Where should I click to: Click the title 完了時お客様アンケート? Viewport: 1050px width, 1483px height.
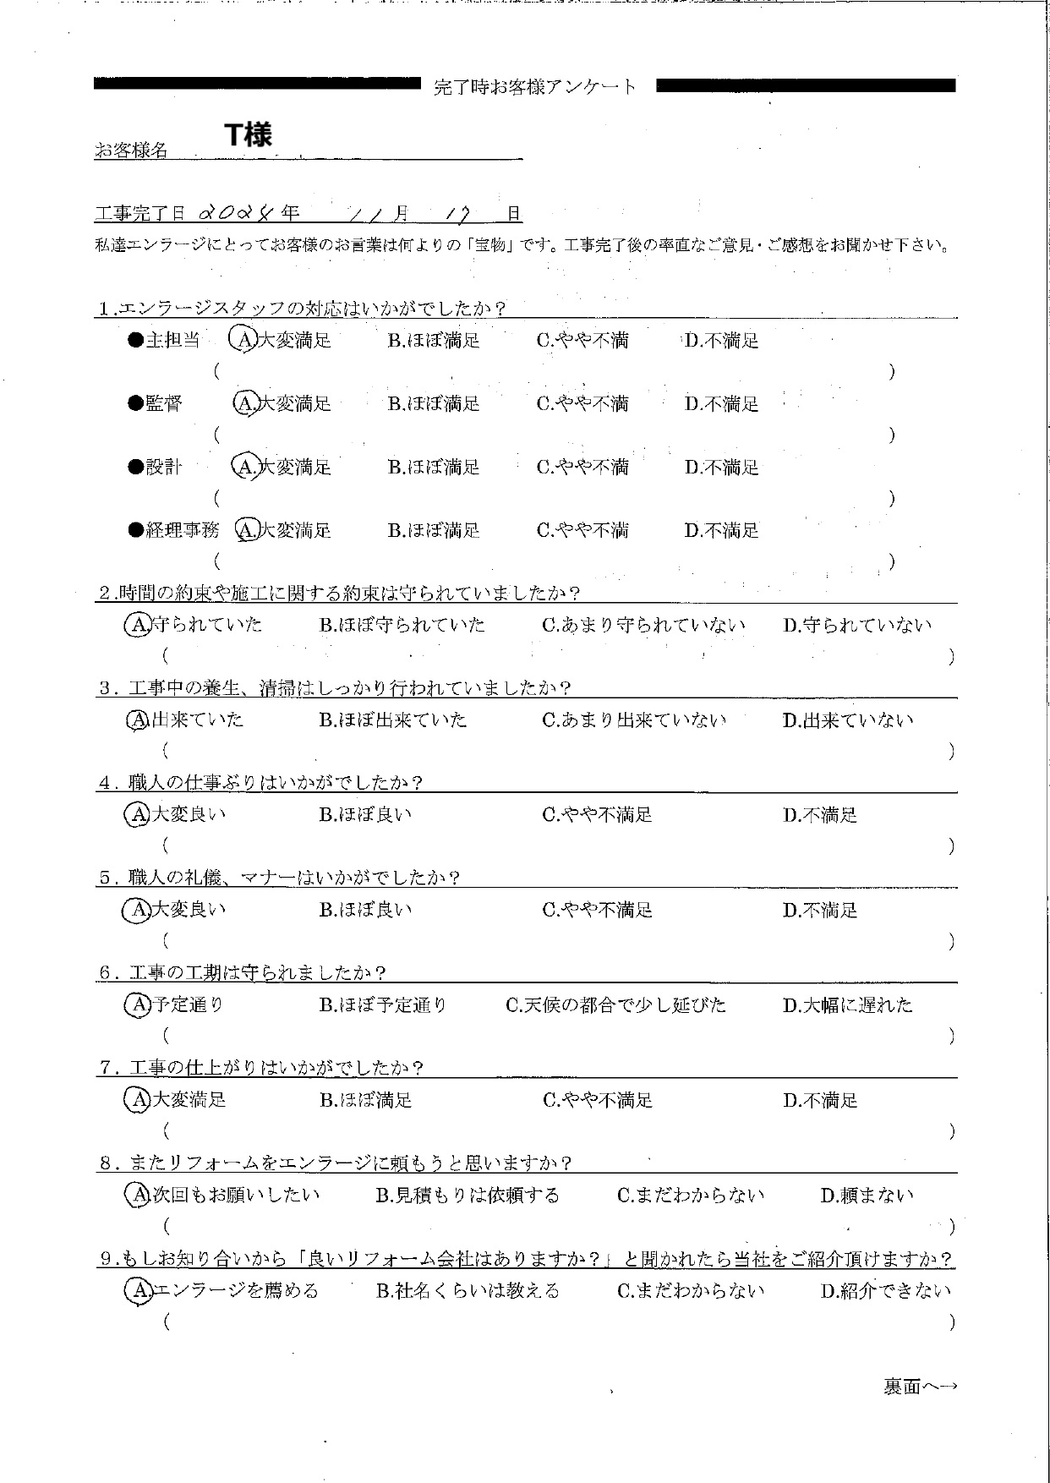[x=535, y=86]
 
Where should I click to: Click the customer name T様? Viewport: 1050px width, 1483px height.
[x=248, y=134]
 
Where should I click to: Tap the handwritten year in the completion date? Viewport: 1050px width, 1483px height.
[x=240, y=213]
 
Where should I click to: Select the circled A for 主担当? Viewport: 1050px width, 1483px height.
[x=243, y=340]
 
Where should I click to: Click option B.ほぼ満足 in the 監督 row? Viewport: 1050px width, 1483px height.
[x=434, y=404]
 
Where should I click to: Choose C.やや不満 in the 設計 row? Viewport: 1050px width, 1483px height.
[x=582, y=468]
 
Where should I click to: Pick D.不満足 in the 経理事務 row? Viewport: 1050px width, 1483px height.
[x=721, y=531]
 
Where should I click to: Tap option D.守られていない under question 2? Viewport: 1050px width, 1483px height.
[x=856, y=626]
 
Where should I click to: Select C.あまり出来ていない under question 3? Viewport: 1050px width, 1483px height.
[x=634, y=720]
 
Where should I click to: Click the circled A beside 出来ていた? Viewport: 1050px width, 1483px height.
[x=137, y=720]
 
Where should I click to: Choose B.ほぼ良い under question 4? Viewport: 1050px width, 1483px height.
[x=365, y=815]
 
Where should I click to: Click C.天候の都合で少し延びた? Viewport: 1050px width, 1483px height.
[x=615, y=1005]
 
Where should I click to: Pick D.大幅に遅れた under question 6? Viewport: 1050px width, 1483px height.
[x=847, y=1005]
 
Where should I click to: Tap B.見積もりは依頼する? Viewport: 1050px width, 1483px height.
[x=468, y=1196]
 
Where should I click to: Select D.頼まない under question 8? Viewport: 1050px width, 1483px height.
[x=867, y=1196]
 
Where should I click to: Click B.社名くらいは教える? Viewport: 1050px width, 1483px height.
[x=468, y=1291]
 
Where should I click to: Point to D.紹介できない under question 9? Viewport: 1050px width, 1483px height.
[x=886, y=1291]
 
